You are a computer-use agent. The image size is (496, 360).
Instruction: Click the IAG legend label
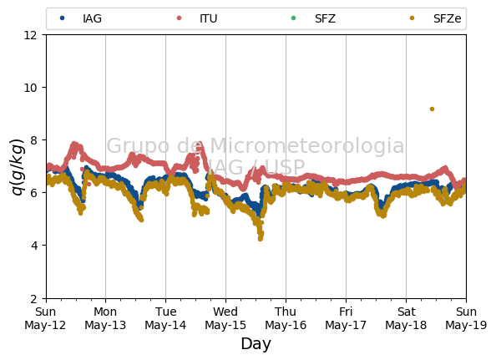92,18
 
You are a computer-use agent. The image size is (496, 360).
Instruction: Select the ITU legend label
209,18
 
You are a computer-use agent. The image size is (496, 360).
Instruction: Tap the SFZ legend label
325,18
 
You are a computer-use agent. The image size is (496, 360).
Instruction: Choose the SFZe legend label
447,18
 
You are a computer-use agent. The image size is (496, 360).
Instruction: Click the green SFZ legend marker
293,18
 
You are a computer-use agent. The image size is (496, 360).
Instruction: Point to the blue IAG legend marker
63,18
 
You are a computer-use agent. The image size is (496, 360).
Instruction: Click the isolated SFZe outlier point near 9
432,109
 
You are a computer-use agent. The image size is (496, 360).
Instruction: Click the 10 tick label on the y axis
30,88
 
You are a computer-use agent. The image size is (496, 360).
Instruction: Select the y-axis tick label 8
34,140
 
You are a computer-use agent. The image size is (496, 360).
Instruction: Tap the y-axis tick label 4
34,246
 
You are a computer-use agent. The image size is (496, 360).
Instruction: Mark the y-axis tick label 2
34,298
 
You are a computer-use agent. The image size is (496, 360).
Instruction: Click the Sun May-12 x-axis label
45,318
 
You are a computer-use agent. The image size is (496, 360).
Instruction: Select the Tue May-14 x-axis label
165,318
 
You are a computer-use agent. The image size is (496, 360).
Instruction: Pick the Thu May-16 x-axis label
286,318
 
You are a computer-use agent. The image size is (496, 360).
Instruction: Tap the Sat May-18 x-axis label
406,318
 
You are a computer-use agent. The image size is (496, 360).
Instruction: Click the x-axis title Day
256,344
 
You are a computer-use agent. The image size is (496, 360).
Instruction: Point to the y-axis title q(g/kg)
18,167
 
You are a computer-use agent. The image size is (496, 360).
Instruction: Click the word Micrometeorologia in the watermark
306,146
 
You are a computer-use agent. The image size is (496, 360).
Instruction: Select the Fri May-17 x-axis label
346,318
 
